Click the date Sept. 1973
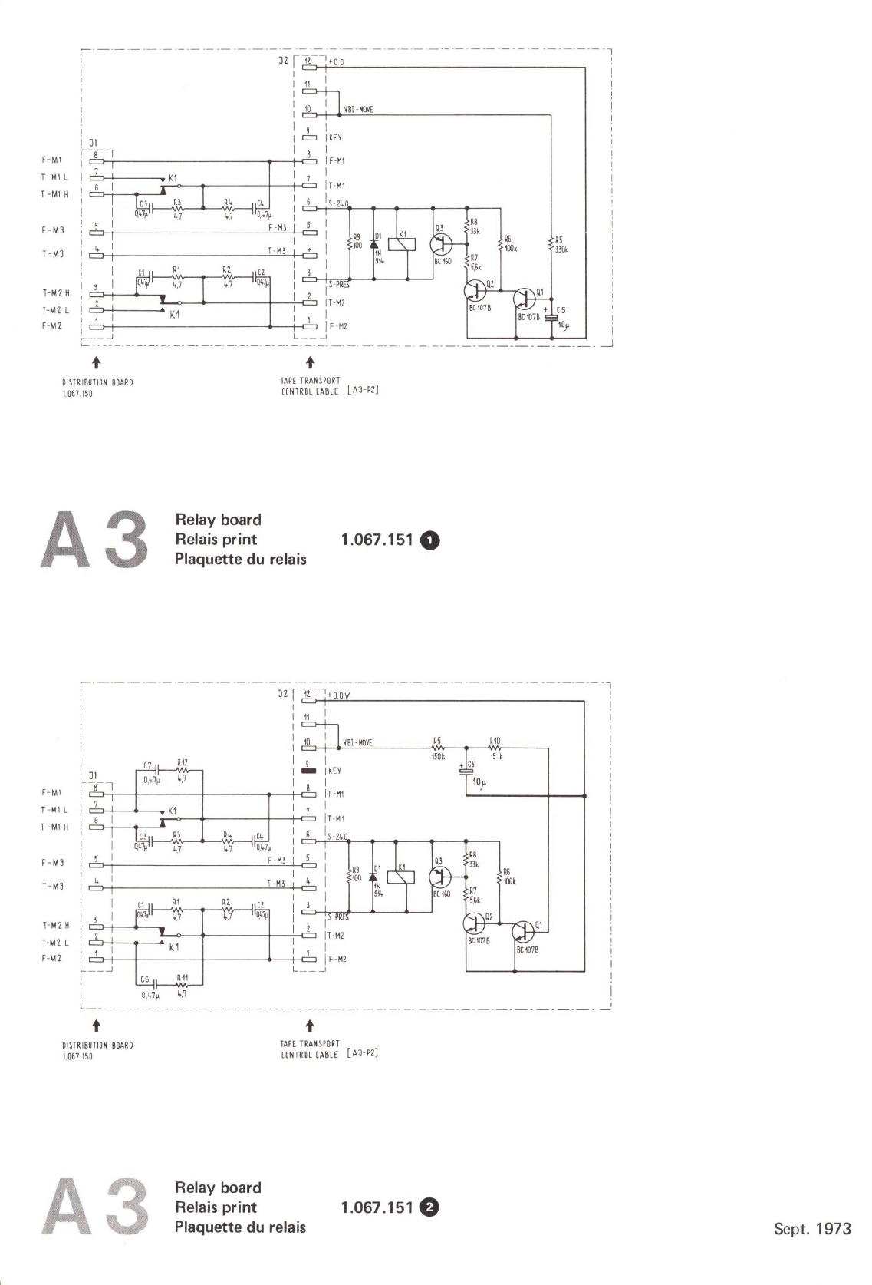coord(812,1229)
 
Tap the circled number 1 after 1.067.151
coord(431,540)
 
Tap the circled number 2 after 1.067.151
coord(431,1207)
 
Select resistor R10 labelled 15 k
coord(495,748)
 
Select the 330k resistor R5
coord(551,245)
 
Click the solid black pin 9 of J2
coord(309,771)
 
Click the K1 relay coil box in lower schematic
coord(402,877)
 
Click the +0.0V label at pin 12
coord(339,696)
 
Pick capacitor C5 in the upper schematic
coord(551,316)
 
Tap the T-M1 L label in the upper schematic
coord(54,177)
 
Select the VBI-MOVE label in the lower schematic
coord(357,743)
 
